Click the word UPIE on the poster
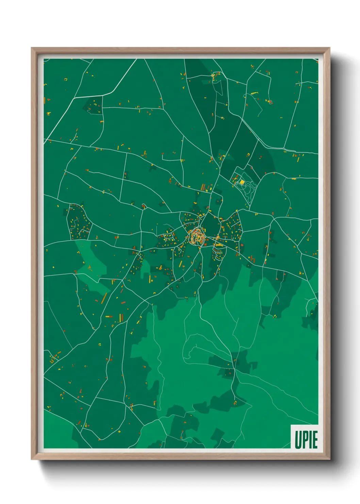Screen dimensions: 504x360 (x=306, y=440)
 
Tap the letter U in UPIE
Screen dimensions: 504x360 (x=298, y=440)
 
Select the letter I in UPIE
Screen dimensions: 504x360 (x=310, y=440)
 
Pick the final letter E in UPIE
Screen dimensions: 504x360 (x=315, y=440)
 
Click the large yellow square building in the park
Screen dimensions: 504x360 (x=242, y=182)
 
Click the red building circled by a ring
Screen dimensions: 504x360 (x=270, y=101)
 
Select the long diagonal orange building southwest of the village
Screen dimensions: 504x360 (x=104, y=298)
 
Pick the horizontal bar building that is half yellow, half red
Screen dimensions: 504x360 (x=109, y=317)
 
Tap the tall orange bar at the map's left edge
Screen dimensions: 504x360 (x=45, y=100)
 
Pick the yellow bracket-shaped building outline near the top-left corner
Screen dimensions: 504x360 (x=66, y=79)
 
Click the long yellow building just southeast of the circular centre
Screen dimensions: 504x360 (x=219, y=245)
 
